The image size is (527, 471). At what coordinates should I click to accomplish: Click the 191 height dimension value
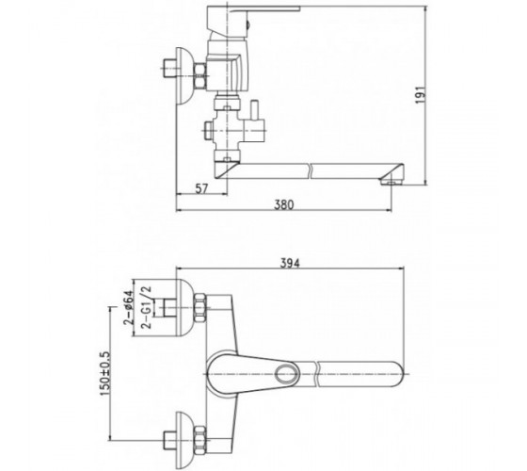421,95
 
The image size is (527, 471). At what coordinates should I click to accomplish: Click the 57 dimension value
201,188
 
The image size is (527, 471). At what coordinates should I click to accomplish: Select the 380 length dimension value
284,204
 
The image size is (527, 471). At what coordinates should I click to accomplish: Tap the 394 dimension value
290,264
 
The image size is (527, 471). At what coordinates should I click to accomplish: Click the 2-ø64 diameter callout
128,308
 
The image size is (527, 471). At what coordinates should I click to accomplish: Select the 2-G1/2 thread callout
147,307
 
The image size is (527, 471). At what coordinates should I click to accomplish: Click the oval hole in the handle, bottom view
287,373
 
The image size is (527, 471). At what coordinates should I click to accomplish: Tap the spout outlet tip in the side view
391,183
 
